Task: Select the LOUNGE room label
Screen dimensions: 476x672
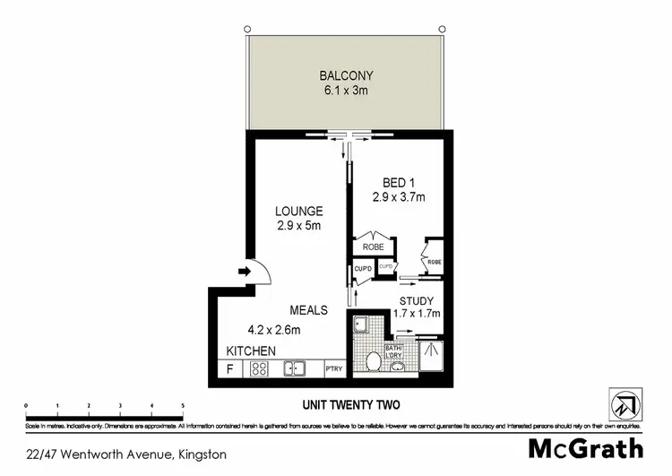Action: pyautogui.click(x=298, y=212)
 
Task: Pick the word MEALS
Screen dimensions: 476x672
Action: pyautogui.click(x=307, y=310)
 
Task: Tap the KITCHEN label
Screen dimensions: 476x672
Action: pyautogui.click(x=250, y=351)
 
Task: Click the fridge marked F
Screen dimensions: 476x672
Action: pyautogui.click(x=230, y=368)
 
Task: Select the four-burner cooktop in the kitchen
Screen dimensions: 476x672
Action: pyautogui.click(x=261, y=368)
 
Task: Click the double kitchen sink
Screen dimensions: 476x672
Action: pyautogui.click(x=295, y=368)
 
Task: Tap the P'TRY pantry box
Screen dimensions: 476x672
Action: pyautogui.click(x=333, y=368)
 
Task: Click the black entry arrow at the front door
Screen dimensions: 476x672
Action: pyautogui.click(x=245, y=270)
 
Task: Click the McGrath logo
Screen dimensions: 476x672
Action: pyautogui.click(x=585, y=447)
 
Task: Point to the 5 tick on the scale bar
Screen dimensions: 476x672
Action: pyautogui.click(x=183, y=406)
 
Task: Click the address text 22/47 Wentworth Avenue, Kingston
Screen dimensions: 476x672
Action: pyautogui.click(x=126, y=454)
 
